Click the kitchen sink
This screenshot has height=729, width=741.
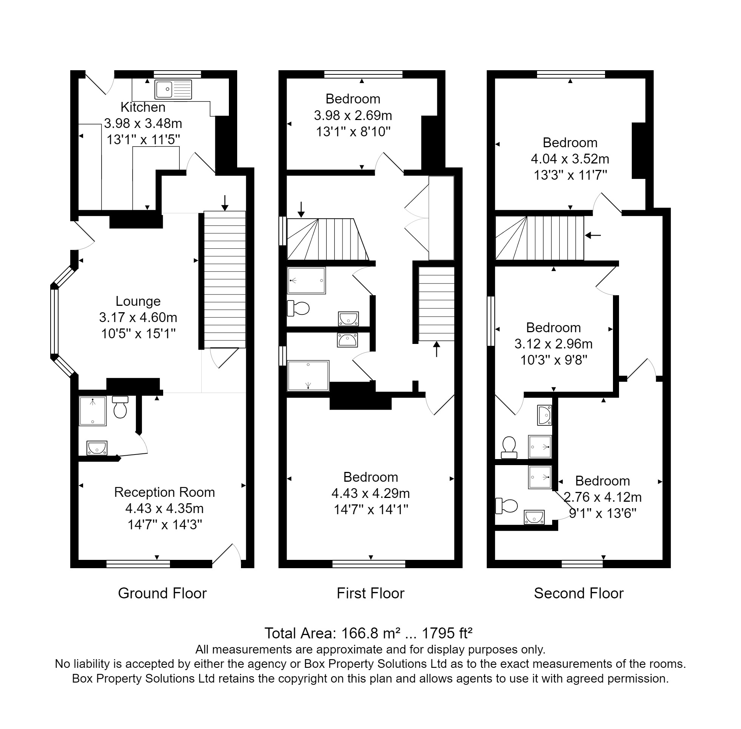tap(173, 89)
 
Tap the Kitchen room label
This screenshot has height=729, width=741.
tap(143, 107)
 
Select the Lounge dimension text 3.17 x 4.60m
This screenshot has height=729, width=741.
tap(138, 317)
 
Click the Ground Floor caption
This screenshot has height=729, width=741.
tap(162, 593)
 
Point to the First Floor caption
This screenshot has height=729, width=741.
tap(370, 593)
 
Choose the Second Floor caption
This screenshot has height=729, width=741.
tap(579, 593)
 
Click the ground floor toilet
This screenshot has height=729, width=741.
tap(120, 407)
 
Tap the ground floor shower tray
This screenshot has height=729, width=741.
tap(93, 411)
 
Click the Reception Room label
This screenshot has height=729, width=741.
tap(164, 492)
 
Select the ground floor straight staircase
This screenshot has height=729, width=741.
tap(224, 279)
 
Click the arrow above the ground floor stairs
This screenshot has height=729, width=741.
tap(225, 203)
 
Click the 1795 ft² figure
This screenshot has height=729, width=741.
tap(447, 633)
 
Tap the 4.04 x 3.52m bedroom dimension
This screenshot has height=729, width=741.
tap(570, 159)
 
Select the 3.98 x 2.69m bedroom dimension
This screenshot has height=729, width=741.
tap(353, 115)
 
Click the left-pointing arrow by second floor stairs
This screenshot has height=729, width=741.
tap(593, 235)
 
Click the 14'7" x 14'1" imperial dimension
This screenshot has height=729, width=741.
tap(371, 510)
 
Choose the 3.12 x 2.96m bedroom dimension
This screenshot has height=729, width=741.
tap(553, 344)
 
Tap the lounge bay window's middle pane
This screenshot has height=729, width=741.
tap(55, 322)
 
